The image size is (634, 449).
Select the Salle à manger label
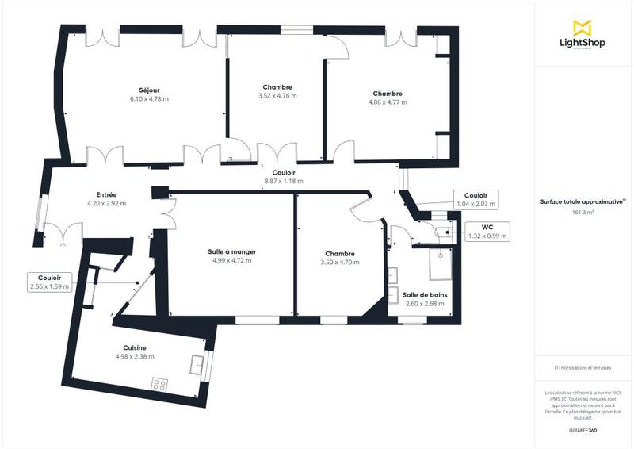pos(227,251)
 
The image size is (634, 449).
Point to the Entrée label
pos(107,194)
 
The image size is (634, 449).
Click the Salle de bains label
pos(424,294)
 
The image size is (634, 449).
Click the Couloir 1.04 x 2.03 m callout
pos(475,199)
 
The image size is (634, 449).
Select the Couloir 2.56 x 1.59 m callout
pos(48,282)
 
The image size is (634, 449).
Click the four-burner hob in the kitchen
pos(159,384)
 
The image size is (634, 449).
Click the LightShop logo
pos(583,35)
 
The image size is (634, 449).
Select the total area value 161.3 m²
pos(583,213)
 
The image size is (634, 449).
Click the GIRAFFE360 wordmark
pos(583,428)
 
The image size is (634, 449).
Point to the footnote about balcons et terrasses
pos(583,368)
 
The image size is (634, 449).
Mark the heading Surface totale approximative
pos(582,202)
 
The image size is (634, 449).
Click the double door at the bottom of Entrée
pos(63,235)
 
